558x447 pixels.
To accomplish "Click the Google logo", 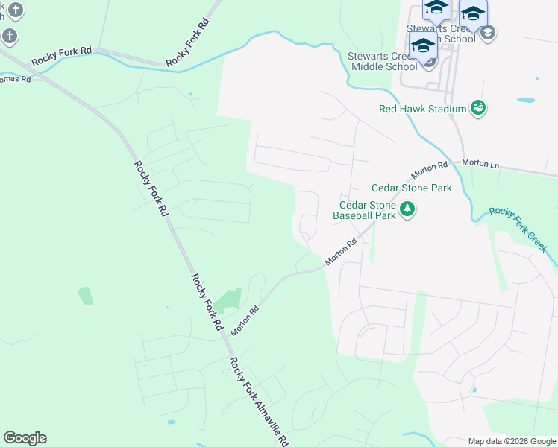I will point(25,438).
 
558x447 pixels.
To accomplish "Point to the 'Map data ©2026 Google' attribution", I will point(511,440).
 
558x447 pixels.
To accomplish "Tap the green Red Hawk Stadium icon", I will point(477,109).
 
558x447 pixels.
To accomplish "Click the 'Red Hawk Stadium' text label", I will point(422,110).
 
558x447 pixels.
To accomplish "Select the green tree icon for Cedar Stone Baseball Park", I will point(407,209).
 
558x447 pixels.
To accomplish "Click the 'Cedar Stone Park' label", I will point(411,188).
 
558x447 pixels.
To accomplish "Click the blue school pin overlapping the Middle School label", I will point(423,45).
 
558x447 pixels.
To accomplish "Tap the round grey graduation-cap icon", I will point(488,32).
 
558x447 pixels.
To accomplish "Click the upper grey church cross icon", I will point(16,10).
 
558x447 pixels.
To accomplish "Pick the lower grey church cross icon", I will point(8,35).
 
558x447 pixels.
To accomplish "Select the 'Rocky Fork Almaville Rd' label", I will point(258,401).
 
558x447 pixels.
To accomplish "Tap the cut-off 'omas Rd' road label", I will point(15,78).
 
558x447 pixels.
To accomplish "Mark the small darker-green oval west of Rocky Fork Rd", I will point(86,295).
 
